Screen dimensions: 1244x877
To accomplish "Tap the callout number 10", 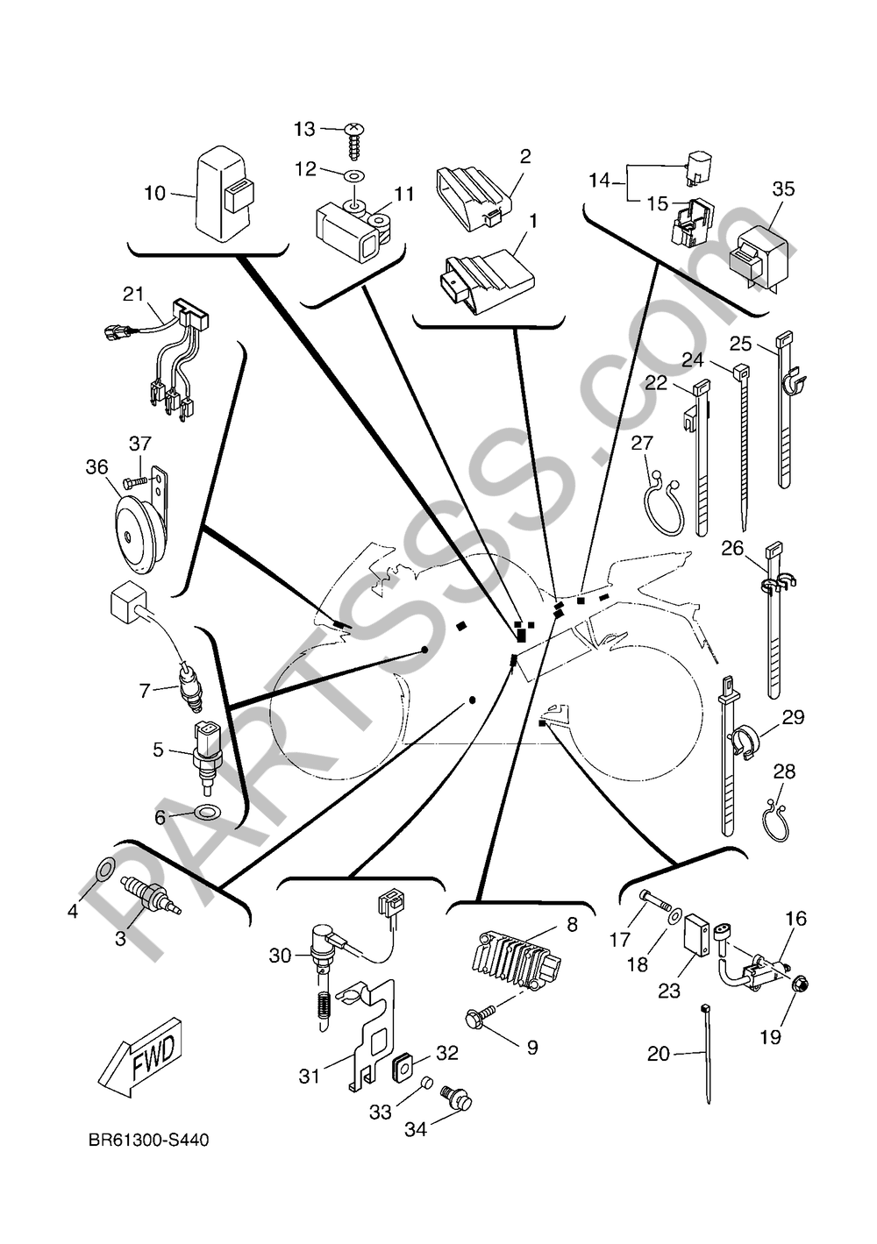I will click(154, 193).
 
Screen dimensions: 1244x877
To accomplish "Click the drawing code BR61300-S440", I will click(148, 1141).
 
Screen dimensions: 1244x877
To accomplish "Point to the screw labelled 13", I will click(354, 131).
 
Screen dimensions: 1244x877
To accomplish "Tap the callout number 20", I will click(658, 1054).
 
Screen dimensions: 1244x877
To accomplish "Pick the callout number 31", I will click(310, 1075).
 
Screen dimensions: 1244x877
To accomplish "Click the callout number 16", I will click(795, 919).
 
